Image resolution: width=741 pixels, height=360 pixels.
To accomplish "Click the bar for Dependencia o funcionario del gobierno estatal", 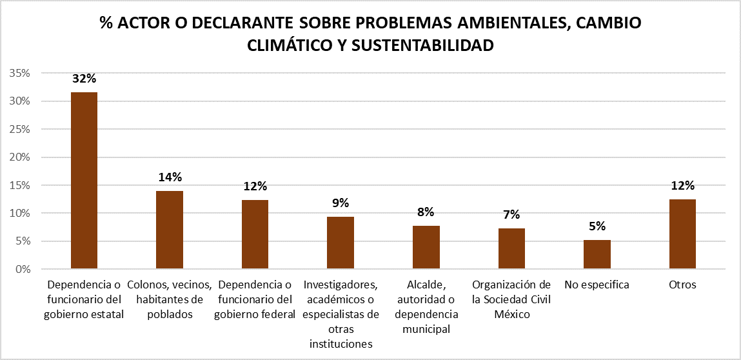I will tap(84, 181).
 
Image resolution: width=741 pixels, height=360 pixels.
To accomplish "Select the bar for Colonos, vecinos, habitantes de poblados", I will tap(169, 230).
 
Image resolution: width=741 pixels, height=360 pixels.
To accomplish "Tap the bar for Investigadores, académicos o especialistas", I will tap(340, 243).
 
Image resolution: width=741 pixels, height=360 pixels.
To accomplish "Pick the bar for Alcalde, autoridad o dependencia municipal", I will tap(426, 247).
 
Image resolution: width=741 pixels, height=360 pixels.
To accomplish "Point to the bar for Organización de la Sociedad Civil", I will tap(511, 248).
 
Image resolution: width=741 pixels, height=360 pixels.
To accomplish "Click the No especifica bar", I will tap(597, 254).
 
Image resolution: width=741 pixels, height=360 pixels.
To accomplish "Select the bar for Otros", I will tap(682, 234).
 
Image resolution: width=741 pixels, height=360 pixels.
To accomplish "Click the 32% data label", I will tap(84, 79).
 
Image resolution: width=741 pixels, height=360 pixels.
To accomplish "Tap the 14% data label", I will tap(170, 177).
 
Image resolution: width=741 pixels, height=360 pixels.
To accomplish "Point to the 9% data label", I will tap(341, 203).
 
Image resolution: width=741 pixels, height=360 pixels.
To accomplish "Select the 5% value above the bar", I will tap(597, 226).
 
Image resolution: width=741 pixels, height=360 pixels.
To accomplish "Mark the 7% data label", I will tap(511, 215).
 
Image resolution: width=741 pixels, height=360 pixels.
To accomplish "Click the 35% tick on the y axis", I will tap(20, 74).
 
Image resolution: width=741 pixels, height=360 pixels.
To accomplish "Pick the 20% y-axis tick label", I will tap(20, 157).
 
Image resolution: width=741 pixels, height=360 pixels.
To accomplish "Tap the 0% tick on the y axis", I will tap(23, 269).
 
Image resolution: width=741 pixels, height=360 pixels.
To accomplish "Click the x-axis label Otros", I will tap(682, 285).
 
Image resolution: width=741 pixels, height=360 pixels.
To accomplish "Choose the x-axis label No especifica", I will tap(597, 285).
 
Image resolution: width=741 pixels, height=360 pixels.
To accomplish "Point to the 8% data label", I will tap(426, 212).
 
